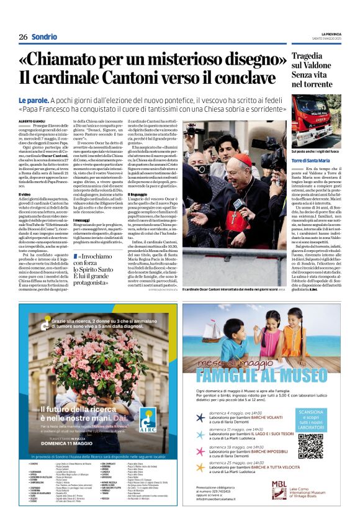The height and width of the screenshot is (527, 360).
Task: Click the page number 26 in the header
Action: click(x=23, y=37)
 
